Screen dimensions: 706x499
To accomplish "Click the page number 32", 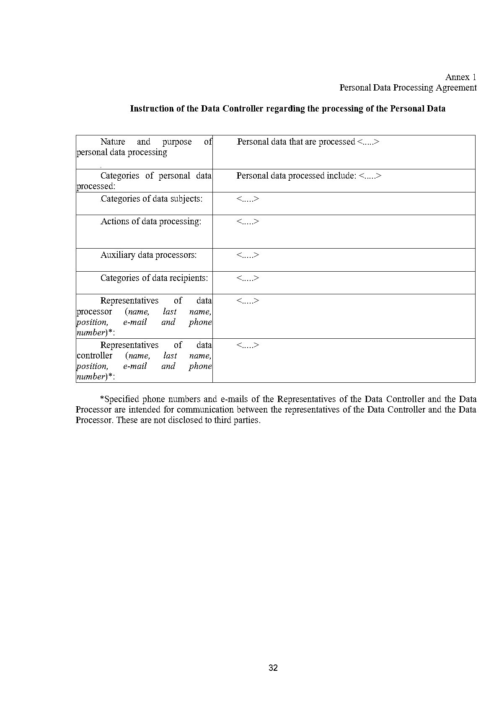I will click(x=273, y=668).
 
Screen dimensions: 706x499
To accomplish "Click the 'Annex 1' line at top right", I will click(x=460, y=77).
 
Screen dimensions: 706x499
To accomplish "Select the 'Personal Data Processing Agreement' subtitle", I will click(x=408, y=88).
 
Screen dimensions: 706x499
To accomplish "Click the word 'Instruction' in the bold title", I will click(x=150, y=109).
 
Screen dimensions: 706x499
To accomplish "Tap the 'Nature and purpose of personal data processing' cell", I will click(x=144, y=147).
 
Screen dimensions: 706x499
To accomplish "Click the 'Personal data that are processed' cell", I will click(x=308, y=142).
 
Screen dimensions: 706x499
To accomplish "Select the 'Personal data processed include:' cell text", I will click(x=309, y=176).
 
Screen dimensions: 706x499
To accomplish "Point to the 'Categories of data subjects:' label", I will click(x=151, y=199).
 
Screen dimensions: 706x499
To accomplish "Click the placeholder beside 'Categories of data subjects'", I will click(x=248, y=199).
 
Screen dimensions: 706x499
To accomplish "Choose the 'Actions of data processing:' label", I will click(x=151, y=221).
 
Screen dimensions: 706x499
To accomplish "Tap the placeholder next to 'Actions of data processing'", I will click(x=248, y=221).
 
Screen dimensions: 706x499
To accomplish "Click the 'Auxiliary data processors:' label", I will click(x=148, y=255).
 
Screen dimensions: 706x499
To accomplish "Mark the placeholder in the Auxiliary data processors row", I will click(x=248, y=255).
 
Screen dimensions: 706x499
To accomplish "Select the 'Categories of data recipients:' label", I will click(x=154, y=278).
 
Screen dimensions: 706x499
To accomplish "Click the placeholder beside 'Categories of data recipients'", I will click(x=248, y=278).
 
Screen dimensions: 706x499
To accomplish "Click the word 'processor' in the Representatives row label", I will click(x=94, y=312).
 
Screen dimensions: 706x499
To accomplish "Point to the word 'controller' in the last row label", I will click(x=95, y=356).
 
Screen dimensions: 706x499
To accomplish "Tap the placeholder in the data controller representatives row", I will click(x=248, y=345).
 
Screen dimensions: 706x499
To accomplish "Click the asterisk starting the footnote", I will click(x=101, y=399).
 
